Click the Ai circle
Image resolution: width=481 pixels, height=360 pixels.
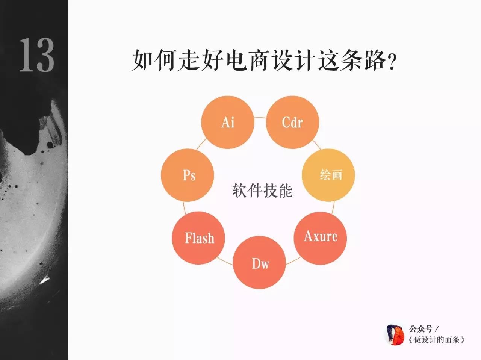228,122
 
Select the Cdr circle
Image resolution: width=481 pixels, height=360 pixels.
292,122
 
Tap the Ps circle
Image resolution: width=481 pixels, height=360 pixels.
188,175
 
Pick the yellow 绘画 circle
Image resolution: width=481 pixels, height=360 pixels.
328,175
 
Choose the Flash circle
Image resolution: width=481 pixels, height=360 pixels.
198,238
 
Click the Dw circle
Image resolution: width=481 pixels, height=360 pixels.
259,263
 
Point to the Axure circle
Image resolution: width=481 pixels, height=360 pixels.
320,238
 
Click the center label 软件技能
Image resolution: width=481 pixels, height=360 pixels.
262,191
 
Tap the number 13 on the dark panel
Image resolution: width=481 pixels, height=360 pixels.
37,55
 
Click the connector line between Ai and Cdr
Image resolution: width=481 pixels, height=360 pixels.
260,118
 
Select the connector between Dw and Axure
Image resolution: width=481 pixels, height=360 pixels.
293,260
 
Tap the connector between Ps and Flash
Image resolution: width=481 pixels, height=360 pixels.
185,208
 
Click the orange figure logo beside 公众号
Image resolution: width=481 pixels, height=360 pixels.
395,335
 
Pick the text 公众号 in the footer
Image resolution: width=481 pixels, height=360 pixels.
421,329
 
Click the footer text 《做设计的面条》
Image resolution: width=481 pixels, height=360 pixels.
436,340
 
